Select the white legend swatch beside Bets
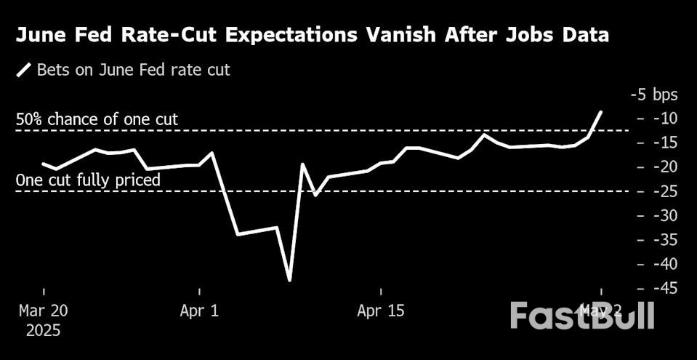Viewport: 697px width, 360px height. coord(24,71)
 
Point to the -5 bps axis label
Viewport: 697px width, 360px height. coord(653,95)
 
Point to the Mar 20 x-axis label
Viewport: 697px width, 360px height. coord(43,311)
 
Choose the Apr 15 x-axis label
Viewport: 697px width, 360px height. coord(381,311)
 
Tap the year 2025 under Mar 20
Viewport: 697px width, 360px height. coord(43,331)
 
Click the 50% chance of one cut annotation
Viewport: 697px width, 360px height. coord(97,120)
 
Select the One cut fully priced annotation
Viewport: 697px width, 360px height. coord(88,180)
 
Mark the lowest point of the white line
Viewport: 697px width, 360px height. coord(290,280)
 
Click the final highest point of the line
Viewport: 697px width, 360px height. coord(601,111)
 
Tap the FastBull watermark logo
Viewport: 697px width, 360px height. coord(581,316)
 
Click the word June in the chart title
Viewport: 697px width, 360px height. coord(44,35)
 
